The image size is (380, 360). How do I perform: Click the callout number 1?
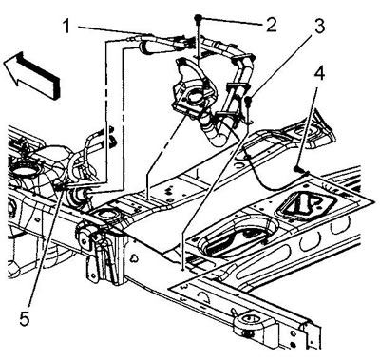[x=66, y=27]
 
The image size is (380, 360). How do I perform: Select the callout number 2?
[x=271, y=25]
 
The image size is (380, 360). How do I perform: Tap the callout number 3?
[x=319, y=26]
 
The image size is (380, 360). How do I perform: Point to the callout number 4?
[x=319, y=74]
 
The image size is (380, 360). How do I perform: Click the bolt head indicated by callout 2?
[x=199, y=17]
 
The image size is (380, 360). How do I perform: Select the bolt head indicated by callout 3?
[x=248, y=100]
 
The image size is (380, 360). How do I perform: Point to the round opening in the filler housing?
[x=195, y=96]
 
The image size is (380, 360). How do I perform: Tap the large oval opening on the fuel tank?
[x=22, y=172]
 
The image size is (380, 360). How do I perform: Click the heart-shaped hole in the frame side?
[x=135, y=257]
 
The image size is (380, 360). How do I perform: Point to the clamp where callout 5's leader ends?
[x=61, y=184]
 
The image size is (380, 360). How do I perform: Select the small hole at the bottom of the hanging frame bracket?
[x=92, y=275]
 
